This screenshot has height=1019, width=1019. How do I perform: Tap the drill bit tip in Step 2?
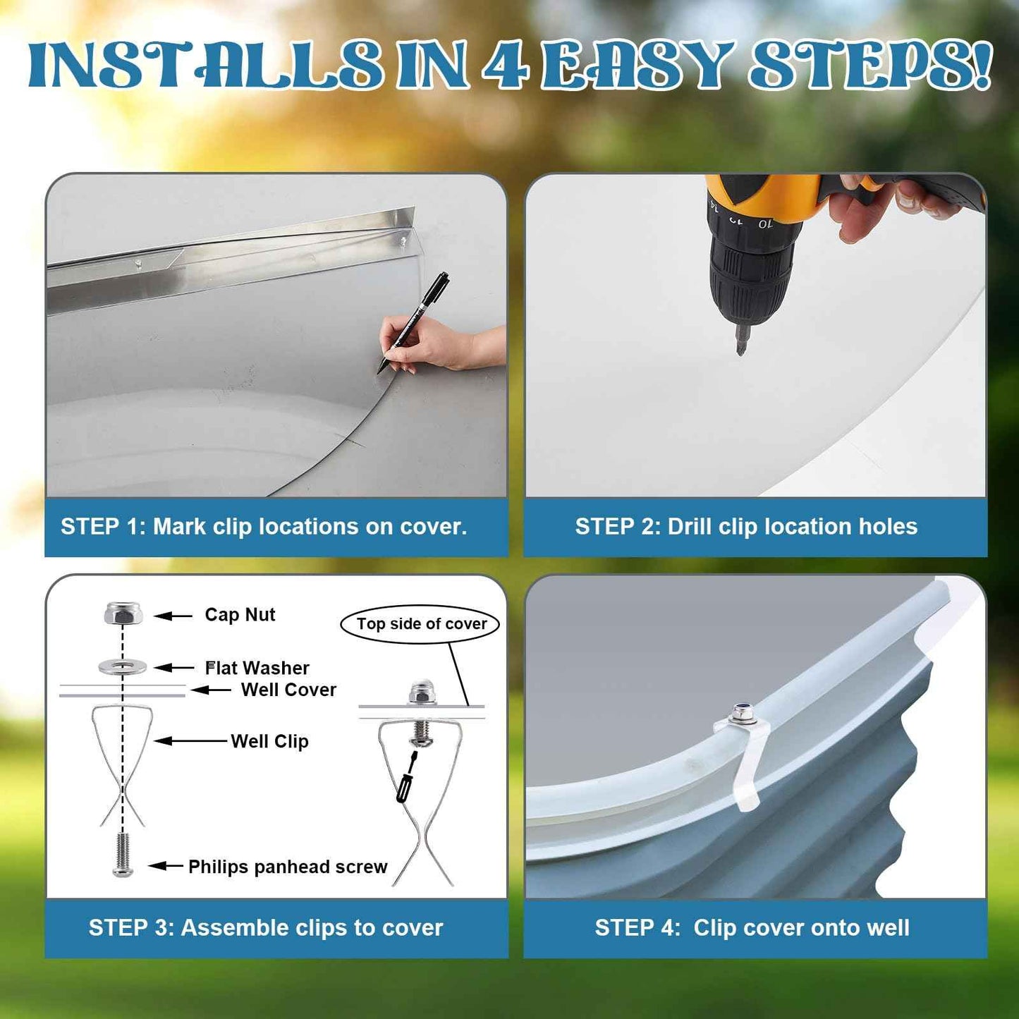point(740,348)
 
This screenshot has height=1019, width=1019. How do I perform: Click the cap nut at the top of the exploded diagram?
point(123,614)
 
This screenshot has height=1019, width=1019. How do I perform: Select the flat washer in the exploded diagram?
point(123,666)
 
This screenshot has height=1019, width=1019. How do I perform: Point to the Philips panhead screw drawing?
point(123,855)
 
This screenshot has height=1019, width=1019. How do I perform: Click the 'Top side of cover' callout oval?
point(421,624)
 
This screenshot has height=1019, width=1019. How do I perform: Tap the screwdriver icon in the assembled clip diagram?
point(406,776)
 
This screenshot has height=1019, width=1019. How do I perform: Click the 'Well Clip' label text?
point(269,741)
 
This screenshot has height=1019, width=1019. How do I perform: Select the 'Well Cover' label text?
point(288,690)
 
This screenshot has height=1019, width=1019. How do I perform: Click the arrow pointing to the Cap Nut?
point(173,616)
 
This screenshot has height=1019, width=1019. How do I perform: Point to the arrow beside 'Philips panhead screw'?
point(166,866)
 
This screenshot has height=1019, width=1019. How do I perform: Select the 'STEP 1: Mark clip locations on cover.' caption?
point(264,527)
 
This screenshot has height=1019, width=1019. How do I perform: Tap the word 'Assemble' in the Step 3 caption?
point(226,927)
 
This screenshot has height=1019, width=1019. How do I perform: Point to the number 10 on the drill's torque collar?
point(765,224)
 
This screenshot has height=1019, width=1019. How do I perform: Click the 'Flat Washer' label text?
point(257,668)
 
